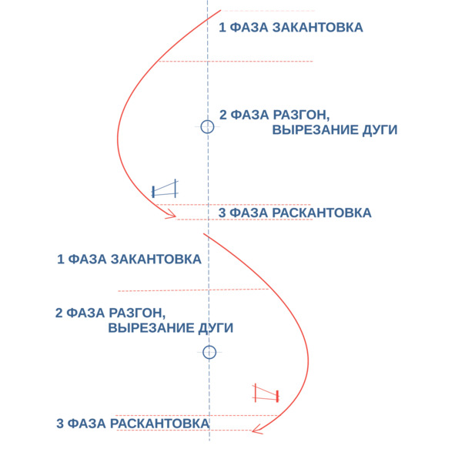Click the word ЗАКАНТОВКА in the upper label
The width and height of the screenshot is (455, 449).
pyautogui.click(x=318, y=28)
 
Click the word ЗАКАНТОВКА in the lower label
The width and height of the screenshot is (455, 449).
pyautogui.click(x=156, y=260)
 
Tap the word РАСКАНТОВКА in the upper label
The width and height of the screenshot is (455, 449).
pyautogui.click(x=322, y=213)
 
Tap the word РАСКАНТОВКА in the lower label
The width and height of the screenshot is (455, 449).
pyautogui.click(x=159, y=424)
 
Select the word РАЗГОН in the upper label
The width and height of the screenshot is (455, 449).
pyautogui.click(x=302, y=116)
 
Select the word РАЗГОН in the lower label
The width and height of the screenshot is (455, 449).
pyautogui.click(x=137, y=313)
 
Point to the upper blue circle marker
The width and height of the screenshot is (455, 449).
pyautogui.click(x=207, y=127)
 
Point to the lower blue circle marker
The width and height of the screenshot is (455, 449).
pyautogui.click(x=209, y=353)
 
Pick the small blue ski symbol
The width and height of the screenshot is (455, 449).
pyautogui.click(x=165, y=189)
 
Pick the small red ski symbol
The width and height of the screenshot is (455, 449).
pyautogui.click(x=266, y=394)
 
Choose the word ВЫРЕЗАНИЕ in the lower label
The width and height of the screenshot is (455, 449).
pyautogui.click(x=151, y=328)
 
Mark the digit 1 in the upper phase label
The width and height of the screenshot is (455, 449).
pyautogui.click(x=222, y=28)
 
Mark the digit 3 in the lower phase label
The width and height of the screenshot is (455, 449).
pyautogui.click(x=60, y=424)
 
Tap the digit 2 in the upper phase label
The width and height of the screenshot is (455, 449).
pyautogui.click(x=222, y=115)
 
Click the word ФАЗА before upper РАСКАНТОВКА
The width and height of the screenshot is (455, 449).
pyautogui.click(x=249, y=213)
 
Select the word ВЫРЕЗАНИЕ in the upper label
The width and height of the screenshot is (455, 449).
pyautogui.click(x=315, y=129)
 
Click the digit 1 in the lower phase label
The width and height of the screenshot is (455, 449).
pyautogui.click(x=60, y=260)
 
